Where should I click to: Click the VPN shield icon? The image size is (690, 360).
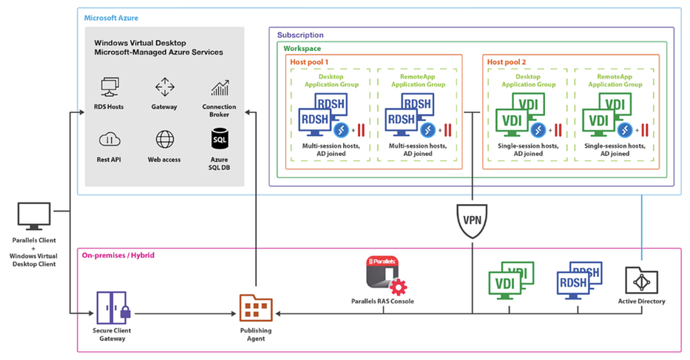pyautogui.click(x=472, y=221)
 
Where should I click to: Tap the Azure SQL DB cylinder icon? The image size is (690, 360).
pyautogui.click(x=220, y=139)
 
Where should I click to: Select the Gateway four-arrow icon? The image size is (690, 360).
pyautogui.click(x=165, y=87)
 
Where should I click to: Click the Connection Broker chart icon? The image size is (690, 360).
pyautogui.click(x=220, y=87)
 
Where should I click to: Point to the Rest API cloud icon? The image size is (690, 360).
pyautogui.click(x=109, y=140)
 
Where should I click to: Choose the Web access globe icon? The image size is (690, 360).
pyautogui.click(x=165, y=140)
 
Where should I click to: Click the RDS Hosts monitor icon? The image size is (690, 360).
pyautogui.click(x=109, y=86)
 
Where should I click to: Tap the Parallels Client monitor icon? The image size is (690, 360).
pyautogui.click(x=34, y=216)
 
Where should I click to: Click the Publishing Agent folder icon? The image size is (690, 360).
pyautogui.click(x=256, y=308)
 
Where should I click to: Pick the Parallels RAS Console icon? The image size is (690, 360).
pyautogui.click(x=386, y=276)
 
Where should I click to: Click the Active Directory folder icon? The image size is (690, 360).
pyautogui.click(x=642, y=280)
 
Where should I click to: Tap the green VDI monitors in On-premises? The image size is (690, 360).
pyautogui.click(x=511, y=280)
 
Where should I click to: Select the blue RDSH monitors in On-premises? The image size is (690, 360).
pyautogui.click(x=578, y=280)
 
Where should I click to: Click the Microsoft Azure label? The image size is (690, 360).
pyautogui.click(x=111, y=18)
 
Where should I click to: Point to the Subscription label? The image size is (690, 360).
pyautogui.click(x=300, y=35)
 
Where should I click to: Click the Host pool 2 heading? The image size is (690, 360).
pyautogui.click(x=507, y=62)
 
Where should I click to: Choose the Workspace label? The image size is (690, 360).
pyautogui.click(x=302, y=48)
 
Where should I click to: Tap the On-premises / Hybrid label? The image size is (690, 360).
pyautogui.click(x=118, y=255)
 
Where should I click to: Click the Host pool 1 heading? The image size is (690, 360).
pyautogui.click(x=309, y=62)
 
